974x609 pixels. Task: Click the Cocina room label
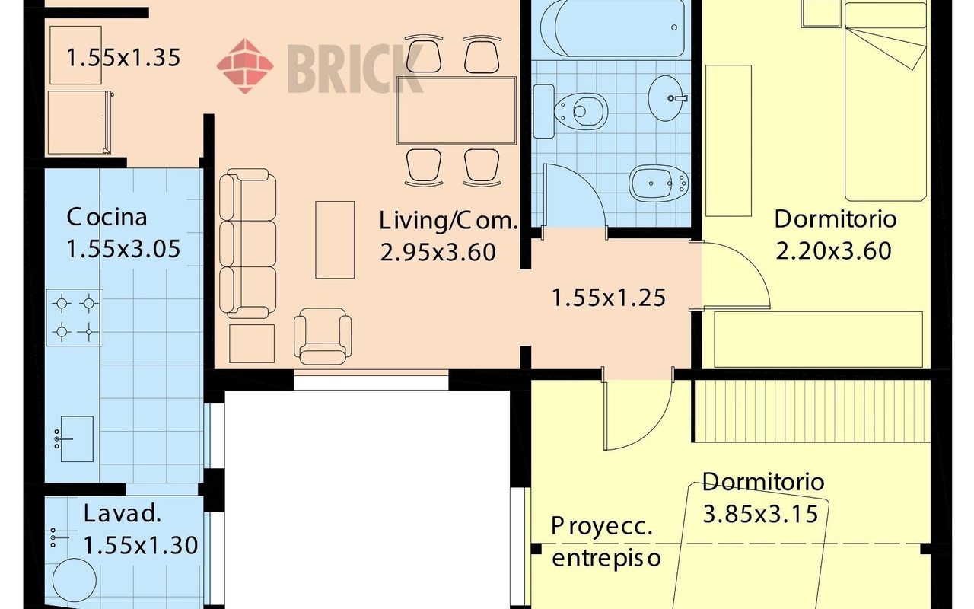click(107, 217)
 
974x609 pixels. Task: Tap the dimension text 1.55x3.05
click(123, 249)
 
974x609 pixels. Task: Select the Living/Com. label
click(449, 221)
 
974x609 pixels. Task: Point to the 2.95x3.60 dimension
click(438, 252)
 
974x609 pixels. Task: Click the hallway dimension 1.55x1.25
click(609, 298)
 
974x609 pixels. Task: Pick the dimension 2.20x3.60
click(833, 251)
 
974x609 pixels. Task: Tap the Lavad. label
click(123, 513)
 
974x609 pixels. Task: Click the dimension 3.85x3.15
click(760, 515)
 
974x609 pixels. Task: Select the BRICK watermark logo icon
click(245, 65)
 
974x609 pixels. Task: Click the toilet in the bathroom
click(570, 111)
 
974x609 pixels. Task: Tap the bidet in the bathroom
click(659, 183)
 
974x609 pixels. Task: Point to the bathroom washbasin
click(668, 98)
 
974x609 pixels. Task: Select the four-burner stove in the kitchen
click(75, 317)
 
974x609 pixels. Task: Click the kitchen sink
click(75, 438)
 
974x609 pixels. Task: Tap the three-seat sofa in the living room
click(247, 244)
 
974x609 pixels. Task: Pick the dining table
click(456, 110)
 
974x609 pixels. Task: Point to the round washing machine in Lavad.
click(75, 580)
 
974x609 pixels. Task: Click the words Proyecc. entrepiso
click(606, 542)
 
